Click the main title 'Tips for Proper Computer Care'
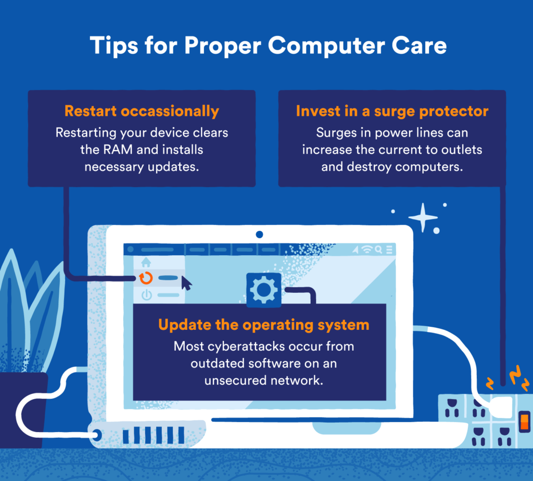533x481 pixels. coord(268,46)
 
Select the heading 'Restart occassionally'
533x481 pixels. coord(141,111)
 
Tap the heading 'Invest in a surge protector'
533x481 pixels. coord(392,111)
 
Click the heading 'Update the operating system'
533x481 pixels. coord(263,325)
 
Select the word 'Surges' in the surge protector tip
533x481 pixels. coord(334,132)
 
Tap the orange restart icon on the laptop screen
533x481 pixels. coord(146,278)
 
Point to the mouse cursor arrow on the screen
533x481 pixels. coord(186,283)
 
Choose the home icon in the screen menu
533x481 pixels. coord(146,262)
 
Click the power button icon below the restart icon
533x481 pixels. coord(146,295)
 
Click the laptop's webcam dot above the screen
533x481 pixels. coord(259,235)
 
